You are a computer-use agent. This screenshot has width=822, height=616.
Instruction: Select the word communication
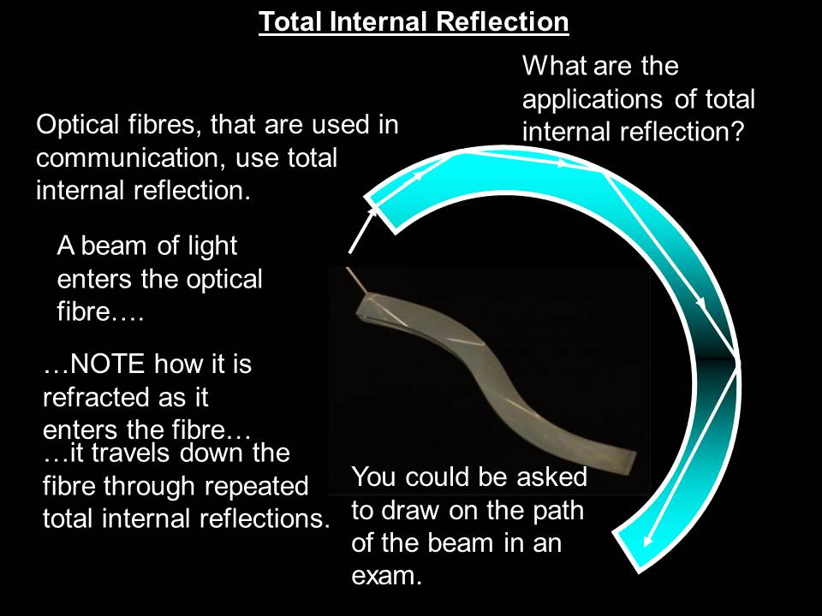[x=115, y=158]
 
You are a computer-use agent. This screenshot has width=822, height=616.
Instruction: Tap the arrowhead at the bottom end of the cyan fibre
[x=647, y=540]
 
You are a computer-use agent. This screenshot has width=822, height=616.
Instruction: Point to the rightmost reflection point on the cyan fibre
[x=738, y=362]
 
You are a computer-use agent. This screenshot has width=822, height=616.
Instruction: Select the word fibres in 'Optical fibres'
[x=163, y=127]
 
